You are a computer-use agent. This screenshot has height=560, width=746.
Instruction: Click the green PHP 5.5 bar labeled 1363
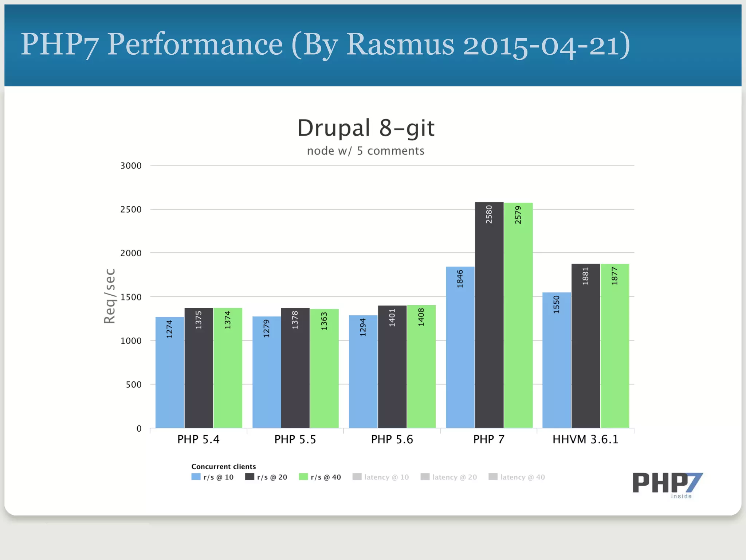(x=324, y=368)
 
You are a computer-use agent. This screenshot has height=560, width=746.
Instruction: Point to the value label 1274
(x=169, y=329)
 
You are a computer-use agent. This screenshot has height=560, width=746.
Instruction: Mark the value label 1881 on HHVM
(x=585, y=276)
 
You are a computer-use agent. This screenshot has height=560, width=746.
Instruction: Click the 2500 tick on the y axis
(x=131, y=210)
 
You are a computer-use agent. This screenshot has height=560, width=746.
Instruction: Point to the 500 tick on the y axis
(x=133, y=385)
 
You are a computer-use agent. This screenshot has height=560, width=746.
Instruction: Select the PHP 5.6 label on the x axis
(x=392, y=439)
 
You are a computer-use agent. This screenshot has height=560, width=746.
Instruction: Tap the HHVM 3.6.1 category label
(x=585, y=439)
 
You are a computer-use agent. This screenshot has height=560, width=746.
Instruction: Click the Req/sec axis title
(x=110, y=296)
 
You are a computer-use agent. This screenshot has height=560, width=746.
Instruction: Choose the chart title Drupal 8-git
(x=366, y=128)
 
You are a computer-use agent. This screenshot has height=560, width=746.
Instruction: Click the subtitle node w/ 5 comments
(x=366, y=151)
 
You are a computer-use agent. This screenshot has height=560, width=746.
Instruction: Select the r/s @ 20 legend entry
(x=266, y=477)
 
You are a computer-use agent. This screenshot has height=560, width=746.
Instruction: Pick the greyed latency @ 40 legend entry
(x=517, y=477)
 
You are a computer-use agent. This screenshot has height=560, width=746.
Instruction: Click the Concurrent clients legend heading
(x=224, y=467)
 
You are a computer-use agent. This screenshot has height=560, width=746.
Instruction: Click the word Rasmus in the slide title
(x=400, y=44)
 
